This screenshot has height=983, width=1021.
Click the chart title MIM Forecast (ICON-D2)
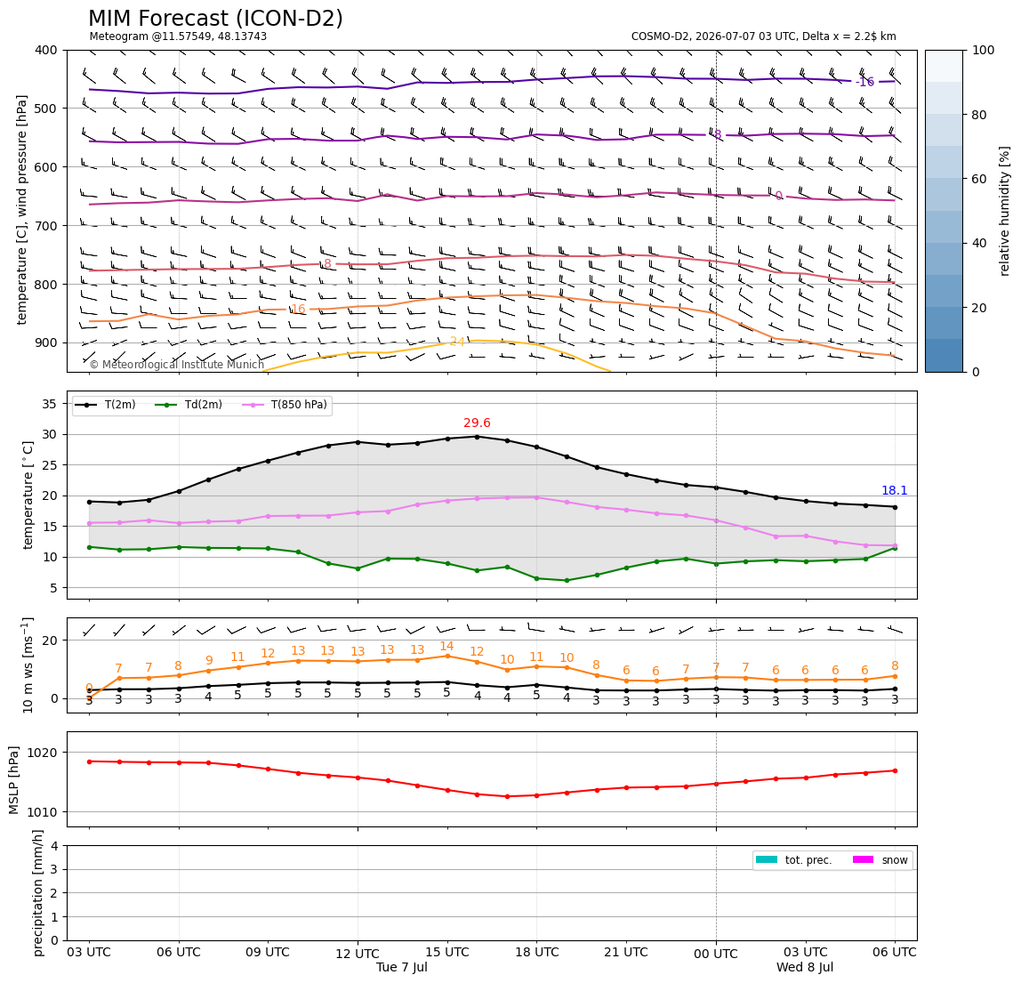[x=215, y=19]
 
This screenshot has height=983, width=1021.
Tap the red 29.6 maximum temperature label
[x=477, y=423]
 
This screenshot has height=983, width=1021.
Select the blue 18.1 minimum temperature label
[x=894, y=490]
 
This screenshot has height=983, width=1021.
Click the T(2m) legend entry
[x=104, y=405]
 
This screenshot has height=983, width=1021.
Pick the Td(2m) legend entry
[x=189, y=405]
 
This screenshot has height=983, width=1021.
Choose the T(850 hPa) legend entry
[x=285, y=405]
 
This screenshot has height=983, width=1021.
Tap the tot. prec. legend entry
[x=793, y=860]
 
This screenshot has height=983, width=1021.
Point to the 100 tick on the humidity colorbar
[x=983, y=50]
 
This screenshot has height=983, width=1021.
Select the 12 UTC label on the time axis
[x=358, y=954]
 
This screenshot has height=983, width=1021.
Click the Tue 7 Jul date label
[x=402, y=967]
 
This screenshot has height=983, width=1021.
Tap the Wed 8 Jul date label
[x=805, y=967]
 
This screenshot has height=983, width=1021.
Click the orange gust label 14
[x=446, y=646]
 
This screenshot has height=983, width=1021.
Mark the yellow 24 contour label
[x=457, y=342]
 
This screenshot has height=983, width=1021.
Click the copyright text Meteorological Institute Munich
[x=176, y=364]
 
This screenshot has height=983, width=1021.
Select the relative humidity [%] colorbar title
[x=1005, y=211]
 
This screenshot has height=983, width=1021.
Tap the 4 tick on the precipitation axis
[x=54, y=846]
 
